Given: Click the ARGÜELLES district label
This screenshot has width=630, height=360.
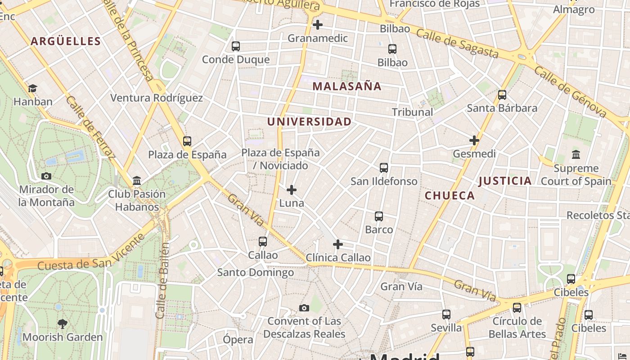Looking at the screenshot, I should click(66, 41).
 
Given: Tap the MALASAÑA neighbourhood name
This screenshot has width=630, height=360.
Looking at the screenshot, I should click(346, 86).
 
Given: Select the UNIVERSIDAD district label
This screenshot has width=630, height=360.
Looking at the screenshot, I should click(309, 121).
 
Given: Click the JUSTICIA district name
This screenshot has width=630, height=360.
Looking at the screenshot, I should click(505, 181).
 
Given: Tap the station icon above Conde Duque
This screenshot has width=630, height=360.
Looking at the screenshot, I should click(235, 46).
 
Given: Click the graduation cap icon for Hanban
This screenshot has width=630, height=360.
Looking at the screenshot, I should click(32, 89).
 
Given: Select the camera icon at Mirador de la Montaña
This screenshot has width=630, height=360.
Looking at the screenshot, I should click(46, 176).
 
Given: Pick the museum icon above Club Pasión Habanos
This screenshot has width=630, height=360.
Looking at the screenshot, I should click(137, 181).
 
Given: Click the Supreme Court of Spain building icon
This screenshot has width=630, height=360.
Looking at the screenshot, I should click(576, 155).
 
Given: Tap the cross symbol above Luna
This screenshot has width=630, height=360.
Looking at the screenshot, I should click(292, 190).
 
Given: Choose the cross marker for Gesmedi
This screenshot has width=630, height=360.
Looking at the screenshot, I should click(474, 140).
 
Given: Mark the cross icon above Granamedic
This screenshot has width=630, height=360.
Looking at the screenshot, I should click(318, 25).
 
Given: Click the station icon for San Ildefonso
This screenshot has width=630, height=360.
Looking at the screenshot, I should click(383, 168).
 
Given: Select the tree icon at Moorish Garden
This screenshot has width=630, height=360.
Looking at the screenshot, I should click(63, 324).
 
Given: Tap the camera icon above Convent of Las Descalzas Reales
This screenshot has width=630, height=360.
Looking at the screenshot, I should click(304, 308).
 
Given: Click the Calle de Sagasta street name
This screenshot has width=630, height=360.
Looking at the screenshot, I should click(457, 44).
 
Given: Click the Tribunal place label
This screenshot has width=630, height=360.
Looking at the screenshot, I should click(412, 112).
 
